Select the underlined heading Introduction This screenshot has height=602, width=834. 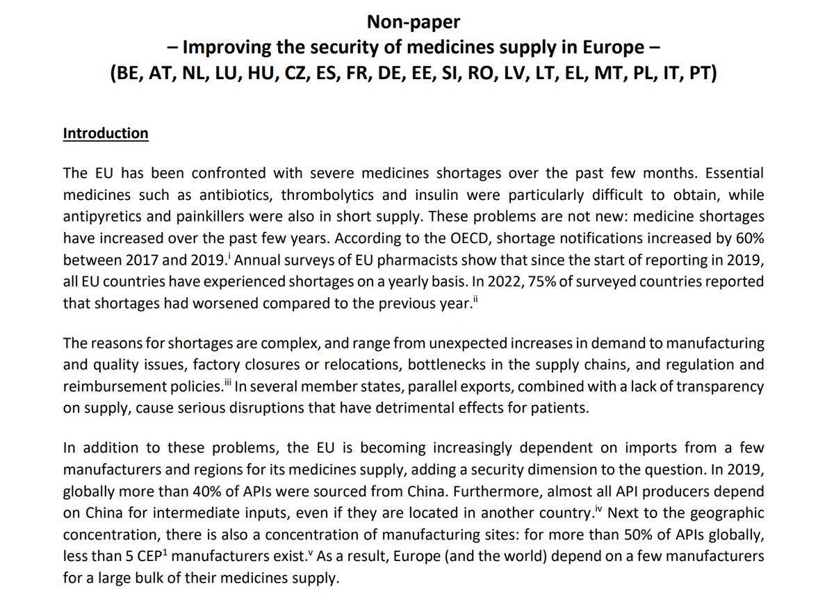click(x=106, y=133)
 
